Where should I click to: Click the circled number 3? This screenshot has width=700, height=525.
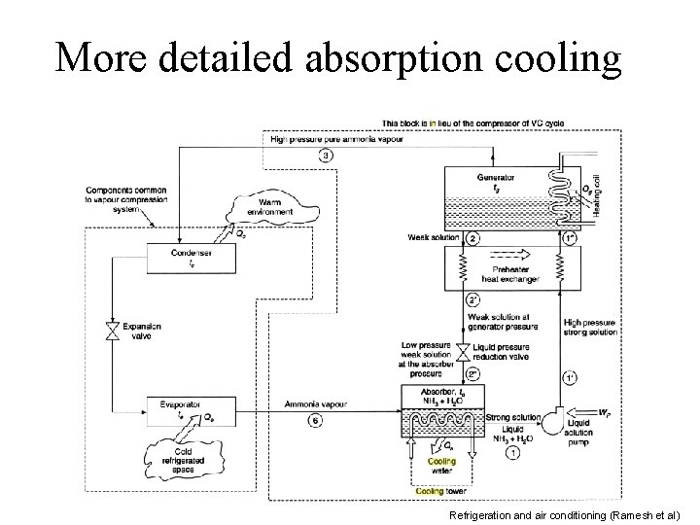click(x=327, y=156)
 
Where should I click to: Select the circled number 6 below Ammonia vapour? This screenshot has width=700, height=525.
click(x=315, y=420)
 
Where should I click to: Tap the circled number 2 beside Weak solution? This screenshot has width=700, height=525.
click(x=472, y=238)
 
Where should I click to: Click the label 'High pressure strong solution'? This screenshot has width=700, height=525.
click(x=589, y=327)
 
